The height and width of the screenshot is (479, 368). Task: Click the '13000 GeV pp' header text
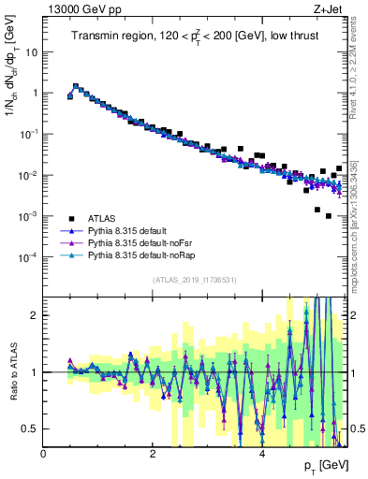(x=78, y=8)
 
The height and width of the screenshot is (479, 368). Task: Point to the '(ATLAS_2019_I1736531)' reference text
(x=194, y=280)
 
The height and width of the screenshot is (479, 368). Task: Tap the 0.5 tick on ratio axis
(x=28, y=428)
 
